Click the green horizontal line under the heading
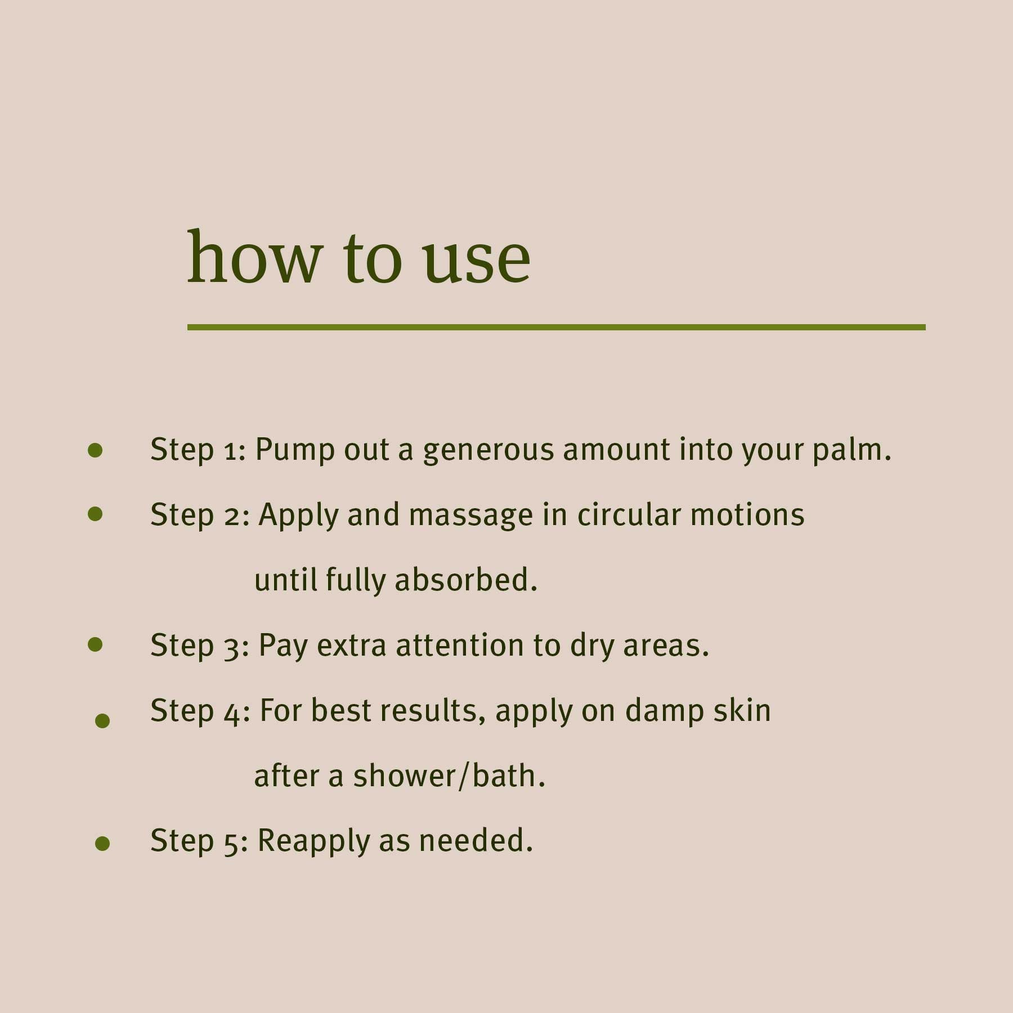point(556,327)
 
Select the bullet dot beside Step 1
point(96,450)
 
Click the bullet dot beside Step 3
point(96,644)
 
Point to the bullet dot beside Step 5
point(102,843)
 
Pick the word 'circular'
point(629,515)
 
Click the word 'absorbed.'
point(466,580)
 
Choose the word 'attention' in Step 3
point(459,646)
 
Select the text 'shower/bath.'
point(449,776)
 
